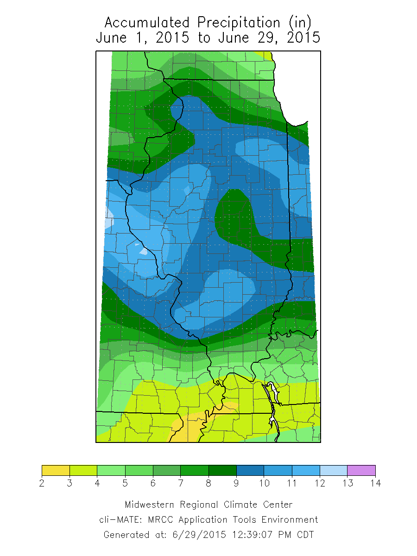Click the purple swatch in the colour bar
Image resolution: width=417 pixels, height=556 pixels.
(x=361, y=470)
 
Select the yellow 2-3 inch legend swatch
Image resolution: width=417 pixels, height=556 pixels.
(x=56, y=470)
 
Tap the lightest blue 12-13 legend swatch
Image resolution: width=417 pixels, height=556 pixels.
(x=334, y=470)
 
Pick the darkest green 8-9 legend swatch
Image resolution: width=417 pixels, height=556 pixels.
(x=222, y=470)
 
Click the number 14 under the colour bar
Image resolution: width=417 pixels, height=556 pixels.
(x=375, y=484)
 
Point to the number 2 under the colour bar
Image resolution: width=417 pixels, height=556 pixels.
(x=42, y=484)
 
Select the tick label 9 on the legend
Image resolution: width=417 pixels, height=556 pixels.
(x=236, y=484)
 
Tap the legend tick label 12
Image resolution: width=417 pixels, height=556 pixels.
(x=320, y=484)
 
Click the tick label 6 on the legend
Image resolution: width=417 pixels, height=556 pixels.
(x=153, y=484)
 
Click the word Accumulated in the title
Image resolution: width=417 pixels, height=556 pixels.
(x=146, y=22)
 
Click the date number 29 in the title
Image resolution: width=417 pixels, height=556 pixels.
(x=272, y=38)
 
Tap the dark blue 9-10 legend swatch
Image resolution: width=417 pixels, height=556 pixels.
(x=250, y=470)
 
